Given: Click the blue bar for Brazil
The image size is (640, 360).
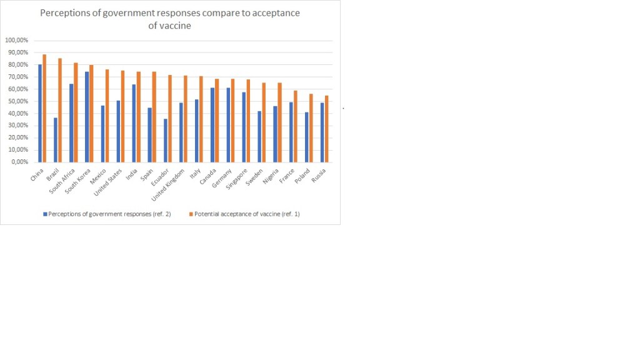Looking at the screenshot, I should click(56, 139).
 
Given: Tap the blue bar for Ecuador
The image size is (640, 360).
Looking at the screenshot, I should click(166, 140).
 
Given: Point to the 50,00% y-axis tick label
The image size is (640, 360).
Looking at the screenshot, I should click(17, 101).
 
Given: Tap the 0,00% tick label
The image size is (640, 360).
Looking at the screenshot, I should click(18, 162).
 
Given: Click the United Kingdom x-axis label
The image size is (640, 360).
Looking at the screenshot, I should click(173, 181).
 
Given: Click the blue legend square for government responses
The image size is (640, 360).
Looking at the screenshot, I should click(45, 214).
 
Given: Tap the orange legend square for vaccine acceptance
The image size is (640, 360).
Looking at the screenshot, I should click(191, 214).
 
